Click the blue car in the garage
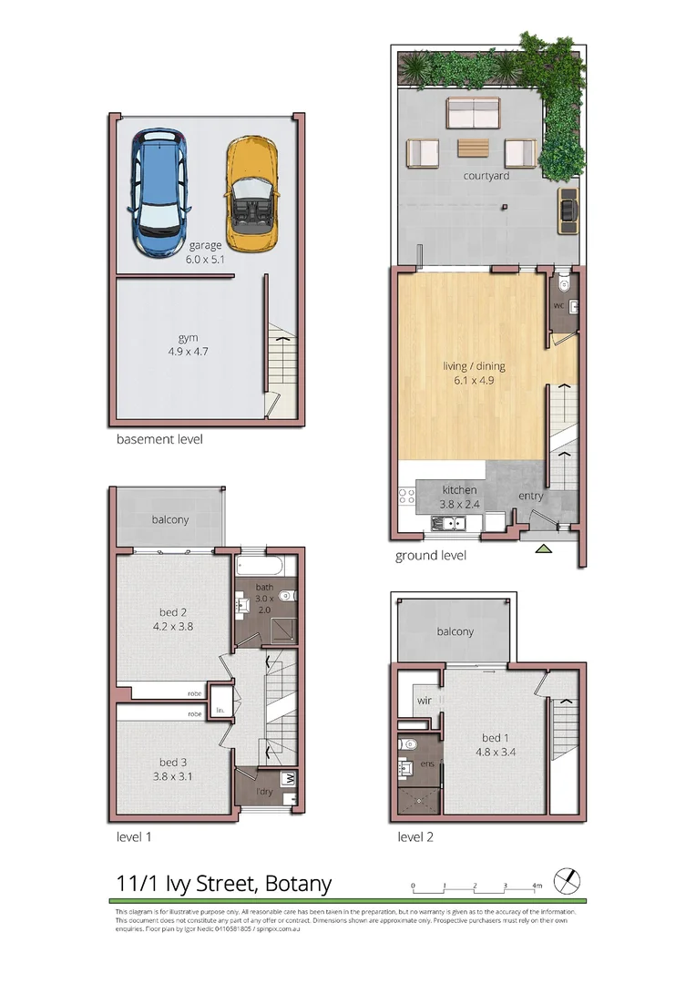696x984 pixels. click(x=160, y=191)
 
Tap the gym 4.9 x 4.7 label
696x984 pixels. click(x=189, y=350)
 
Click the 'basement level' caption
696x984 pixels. click(x=159, y=439)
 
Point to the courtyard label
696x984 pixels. click(x=486, y=176)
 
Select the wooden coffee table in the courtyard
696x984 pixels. click(x=473, y=148)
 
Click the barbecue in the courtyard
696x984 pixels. click(x=568, y=209)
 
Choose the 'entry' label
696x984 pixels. click(x=531, y=496)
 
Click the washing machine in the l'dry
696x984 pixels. click(x=290, y=780)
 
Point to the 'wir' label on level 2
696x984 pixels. click(x=424, y=701)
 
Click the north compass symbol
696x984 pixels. click(x=569, y=880)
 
